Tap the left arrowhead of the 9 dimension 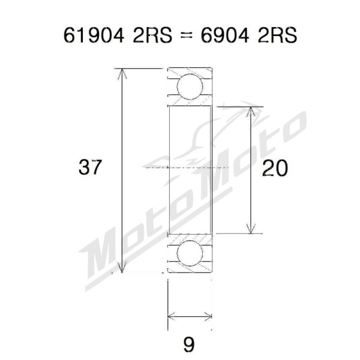click(172, 316)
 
